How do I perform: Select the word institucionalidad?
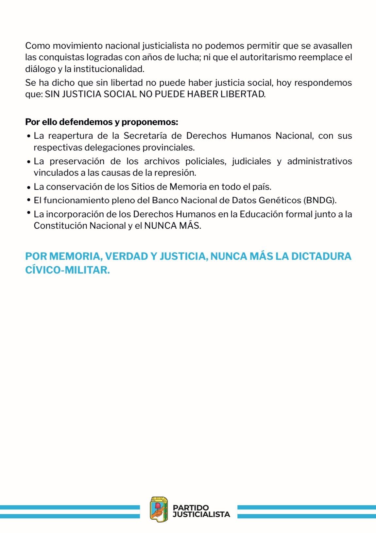click(109, 69)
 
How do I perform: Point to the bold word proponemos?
click(150, 122)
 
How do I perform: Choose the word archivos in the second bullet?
click(162, 161)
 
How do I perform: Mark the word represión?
click(177, 172)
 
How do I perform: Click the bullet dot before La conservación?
click(29, 187)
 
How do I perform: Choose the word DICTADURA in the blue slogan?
click(321, 256)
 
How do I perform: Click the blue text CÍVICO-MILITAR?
click(67, 270)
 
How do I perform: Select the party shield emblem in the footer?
click(159, 509)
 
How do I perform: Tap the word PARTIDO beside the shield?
click(191, 507)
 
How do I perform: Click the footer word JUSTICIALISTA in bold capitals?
click(201, 514)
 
